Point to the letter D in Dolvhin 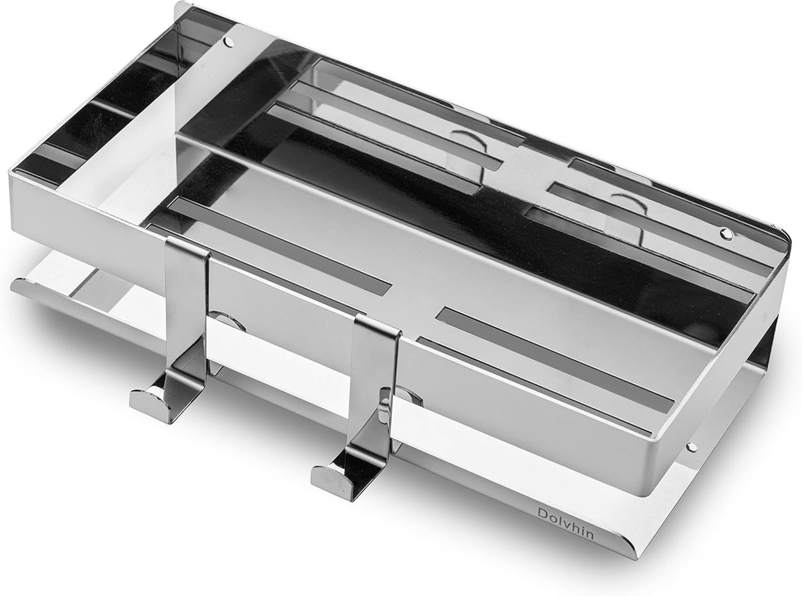542,514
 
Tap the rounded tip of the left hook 144,403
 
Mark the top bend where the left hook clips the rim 187,246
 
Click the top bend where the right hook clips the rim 378,322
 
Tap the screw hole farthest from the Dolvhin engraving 229,42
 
